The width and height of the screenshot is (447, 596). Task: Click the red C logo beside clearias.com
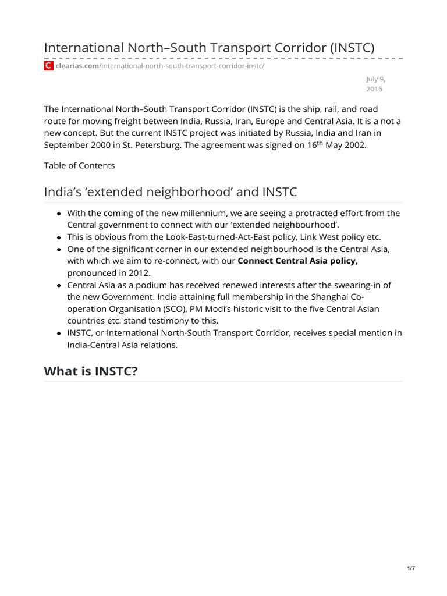pyautogui.click(x=49, y=66)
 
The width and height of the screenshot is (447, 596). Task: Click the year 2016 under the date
pyautogui.click(x=374, y=89)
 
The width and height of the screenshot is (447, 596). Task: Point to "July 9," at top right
pyautogui.click(x=376, y=79)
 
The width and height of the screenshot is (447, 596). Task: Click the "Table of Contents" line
pyautogui.click(x=79, y=165)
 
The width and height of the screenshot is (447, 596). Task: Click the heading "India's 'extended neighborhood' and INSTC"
pyautogui.click(x=171, y=191)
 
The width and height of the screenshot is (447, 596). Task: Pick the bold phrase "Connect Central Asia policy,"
pyautogui.click(x=297, y=261)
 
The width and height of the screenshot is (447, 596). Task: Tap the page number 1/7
pyautogui.click(x=411, y=569)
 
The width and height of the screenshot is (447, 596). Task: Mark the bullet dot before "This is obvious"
pyautogui.click(x=59, y=237)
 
